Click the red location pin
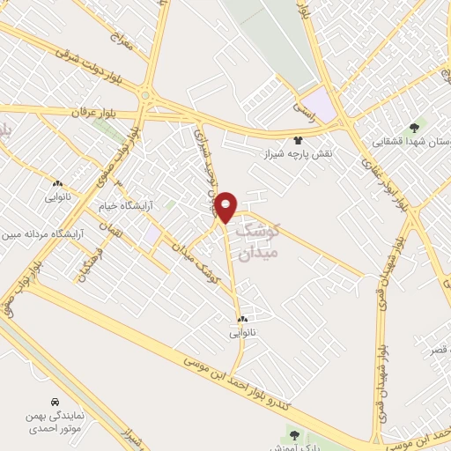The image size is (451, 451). (x=226, y=206)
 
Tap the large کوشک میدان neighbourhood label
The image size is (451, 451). (x=271, y=239)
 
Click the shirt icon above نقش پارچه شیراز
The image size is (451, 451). (x=298, y=139)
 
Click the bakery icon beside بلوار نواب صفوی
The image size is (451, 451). (x=55, y=185)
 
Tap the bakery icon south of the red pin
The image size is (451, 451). (x=241, y=319)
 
